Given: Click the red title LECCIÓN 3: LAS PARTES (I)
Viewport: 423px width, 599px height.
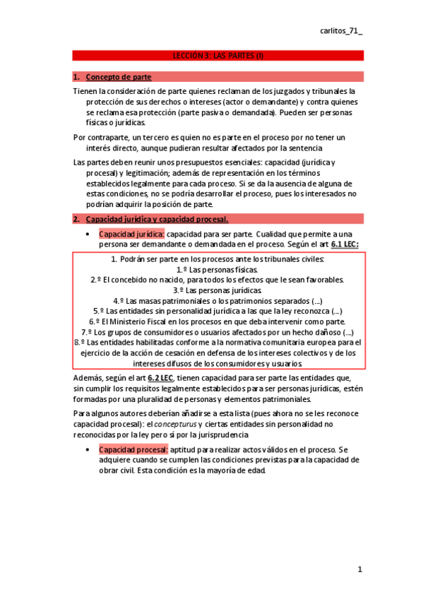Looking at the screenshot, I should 218,55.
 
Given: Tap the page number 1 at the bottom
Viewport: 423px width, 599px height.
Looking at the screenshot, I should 359,569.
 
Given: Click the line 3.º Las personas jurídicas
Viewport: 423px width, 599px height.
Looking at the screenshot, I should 217,290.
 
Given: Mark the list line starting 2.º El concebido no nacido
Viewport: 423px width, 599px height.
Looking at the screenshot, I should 217,280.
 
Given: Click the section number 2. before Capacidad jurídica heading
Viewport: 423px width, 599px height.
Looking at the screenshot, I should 76,219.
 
